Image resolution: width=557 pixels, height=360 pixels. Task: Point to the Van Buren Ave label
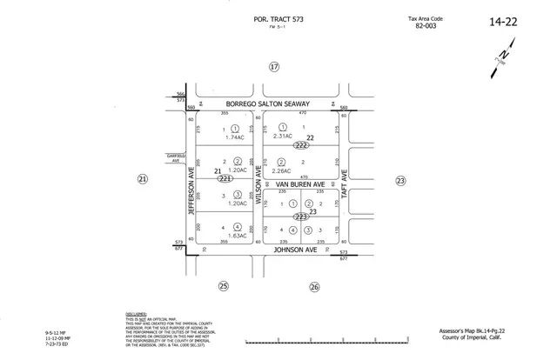299,184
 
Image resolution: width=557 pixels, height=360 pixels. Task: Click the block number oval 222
301,144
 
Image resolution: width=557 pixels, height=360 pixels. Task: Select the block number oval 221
225,178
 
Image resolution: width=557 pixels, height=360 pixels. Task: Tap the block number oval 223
301,216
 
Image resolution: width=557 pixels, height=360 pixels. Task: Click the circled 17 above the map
274,67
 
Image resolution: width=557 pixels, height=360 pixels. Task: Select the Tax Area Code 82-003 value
426,26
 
